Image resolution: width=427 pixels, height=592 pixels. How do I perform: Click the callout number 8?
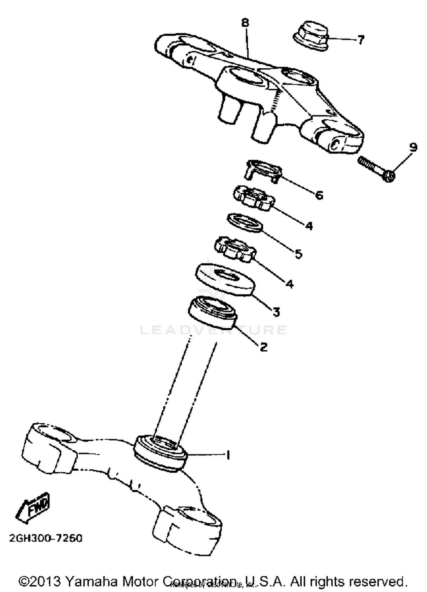pos(245,23)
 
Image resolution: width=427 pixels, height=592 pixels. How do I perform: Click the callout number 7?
pos(360,40)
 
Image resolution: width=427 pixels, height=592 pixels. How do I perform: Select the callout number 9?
pos(413,147)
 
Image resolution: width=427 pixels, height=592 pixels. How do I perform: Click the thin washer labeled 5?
pos(245,223)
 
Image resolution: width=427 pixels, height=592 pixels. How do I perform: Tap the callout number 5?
pos(298,254)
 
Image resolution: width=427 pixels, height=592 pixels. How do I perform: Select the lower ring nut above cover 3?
pos(235,250)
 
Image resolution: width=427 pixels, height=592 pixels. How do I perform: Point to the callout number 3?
pos(276,312)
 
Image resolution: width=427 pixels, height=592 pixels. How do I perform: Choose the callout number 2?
pos(264,347)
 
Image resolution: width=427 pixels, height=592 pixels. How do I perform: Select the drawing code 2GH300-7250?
pos(46,538)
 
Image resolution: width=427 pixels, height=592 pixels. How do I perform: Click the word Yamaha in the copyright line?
pos(91,581)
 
